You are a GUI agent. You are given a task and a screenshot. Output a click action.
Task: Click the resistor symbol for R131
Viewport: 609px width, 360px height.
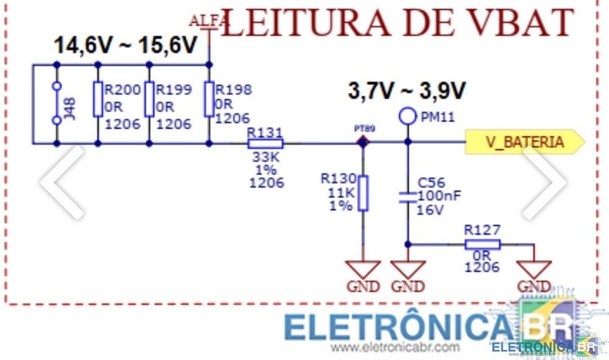[266, 144]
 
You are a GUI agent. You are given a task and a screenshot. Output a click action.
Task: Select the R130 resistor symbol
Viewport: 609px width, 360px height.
[363, 193]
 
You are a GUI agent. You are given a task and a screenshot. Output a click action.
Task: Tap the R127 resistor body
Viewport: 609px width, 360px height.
[482, 244]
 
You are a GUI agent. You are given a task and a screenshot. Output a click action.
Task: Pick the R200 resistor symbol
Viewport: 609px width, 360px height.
[98, 99]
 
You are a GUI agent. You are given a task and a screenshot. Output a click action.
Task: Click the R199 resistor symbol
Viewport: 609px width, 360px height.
[149, 99]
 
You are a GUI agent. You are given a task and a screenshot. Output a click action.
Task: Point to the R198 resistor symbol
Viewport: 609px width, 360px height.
[209, 99]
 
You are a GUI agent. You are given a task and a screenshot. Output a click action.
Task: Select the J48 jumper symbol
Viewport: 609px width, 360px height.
[57, 104]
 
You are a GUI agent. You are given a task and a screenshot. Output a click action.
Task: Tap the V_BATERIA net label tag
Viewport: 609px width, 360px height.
[524, 142]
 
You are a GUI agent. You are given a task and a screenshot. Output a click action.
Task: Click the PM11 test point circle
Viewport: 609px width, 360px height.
[407, 116]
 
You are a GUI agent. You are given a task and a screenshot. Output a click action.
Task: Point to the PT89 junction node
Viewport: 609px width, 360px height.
[363, 143]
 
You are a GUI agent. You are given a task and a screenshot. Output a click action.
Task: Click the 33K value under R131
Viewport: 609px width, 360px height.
[266, 157]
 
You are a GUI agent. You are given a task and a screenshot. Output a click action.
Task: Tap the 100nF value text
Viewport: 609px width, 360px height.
[439, 196]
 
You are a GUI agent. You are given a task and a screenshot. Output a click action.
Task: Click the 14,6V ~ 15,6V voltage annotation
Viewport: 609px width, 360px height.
[126, 46]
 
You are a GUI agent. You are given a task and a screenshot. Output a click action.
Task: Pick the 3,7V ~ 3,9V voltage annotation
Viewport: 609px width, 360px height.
[406, 91]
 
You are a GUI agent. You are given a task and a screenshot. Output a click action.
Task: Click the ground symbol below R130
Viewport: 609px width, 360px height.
[363, 269]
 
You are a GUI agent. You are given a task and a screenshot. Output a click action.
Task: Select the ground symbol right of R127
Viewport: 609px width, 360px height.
[534, 269]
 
